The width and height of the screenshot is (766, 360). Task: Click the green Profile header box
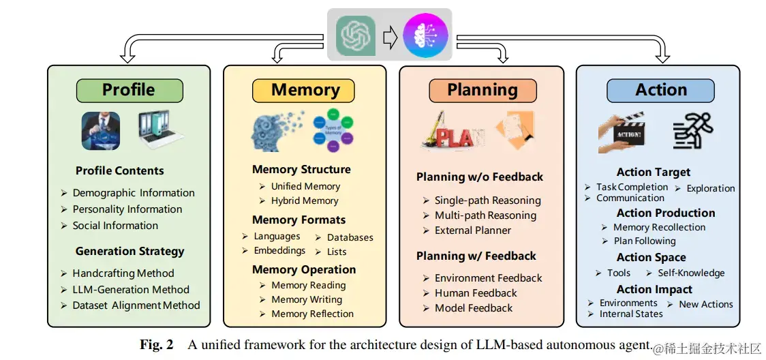click(x=129, y=90)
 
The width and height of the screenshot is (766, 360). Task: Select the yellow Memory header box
click(x=305, y=90)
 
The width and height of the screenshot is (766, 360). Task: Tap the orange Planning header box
click(x=482, y=90)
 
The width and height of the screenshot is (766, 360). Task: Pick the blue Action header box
click(x=660, y=90)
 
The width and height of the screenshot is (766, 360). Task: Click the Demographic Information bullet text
click(x=134, y=193)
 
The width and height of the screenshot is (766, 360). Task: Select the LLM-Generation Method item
click(x=131, y=289)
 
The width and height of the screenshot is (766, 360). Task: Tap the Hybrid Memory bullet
click(x=305, y=200)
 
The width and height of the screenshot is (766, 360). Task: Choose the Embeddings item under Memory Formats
click(x=279, y=251)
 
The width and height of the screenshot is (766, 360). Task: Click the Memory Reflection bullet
click(x=312, y=314)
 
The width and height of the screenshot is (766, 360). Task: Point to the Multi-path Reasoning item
click(x=485, y=215)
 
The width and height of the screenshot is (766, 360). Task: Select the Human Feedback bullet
click(x=476, y=293)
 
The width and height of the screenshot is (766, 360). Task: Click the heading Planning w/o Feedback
click(x=480, y=177)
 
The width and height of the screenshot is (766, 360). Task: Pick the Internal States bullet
click(x=631, y=314)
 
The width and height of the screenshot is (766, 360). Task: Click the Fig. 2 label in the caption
click(x=157, y=344)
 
